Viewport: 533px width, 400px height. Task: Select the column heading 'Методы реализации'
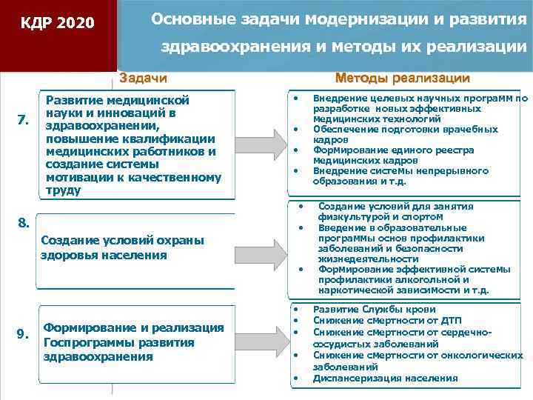(x=402, y=78)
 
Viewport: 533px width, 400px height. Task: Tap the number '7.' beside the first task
(x=23, y=120)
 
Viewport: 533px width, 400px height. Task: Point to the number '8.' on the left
(x=23, y=221)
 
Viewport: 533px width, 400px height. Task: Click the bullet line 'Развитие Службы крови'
(x=375, y=309)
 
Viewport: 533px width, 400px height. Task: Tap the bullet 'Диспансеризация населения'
(x=385, y=378)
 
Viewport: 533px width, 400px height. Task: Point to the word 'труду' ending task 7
(x=62, y=190)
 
